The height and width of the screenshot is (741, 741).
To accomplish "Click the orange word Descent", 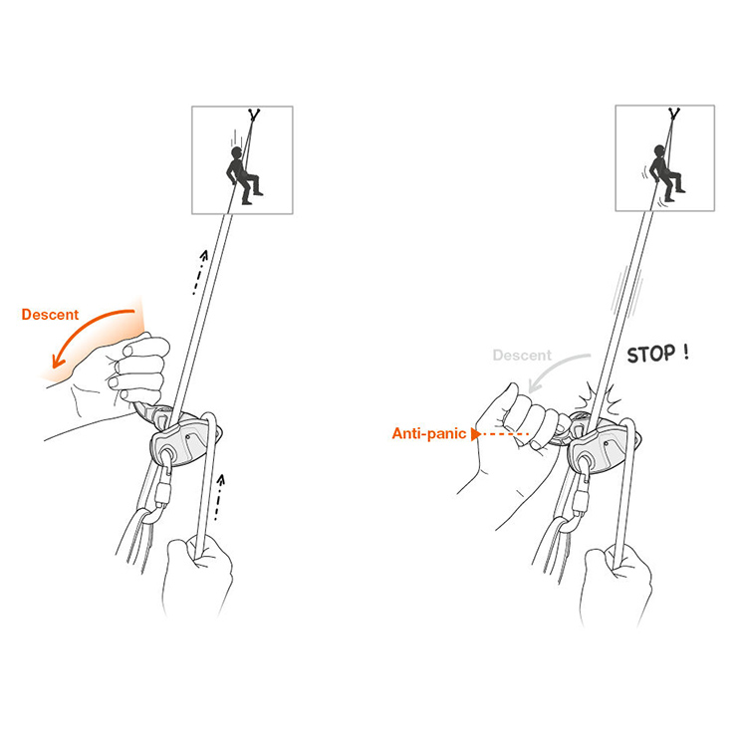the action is pos(50,315).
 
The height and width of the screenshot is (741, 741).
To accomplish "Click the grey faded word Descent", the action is pos(522,355).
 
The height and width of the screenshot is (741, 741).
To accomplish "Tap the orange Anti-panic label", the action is pos(429,433).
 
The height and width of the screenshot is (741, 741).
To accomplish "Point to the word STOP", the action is pos(651,354).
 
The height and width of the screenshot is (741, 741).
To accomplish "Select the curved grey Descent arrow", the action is pos(553,367).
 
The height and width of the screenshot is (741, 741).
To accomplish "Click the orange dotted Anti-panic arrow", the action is pos(500,434).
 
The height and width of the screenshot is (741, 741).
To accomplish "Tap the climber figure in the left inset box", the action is pos(243,175).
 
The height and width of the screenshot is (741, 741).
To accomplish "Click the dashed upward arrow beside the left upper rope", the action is pos(200,273).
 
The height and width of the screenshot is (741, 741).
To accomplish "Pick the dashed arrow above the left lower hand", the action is pos(219,498).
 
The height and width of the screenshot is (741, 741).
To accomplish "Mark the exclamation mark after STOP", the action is pos(685,352).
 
